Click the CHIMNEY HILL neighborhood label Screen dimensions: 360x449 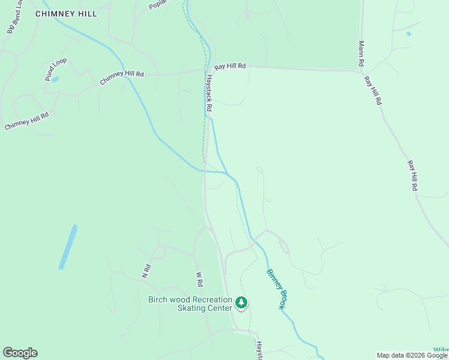coord(66,13)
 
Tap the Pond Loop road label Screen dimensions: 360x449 coord(55,69)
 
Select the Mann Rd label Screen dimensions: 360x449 coord(361,53)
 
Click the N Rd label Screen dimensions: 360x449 coord(146,272)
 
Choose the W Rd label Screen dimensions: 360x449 coord(199,279)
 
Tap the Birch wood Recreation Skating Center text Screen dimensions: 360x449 coord(190,304)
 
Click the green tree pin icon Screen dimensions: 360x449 coord(241,302)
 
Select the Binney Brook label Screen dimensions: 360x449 coord(275,289)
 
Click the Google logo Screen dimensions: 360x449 coord(20,353)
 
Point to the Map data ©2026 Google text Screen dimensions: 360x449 coord(412,355)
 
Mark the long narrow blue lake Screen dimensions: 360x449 coord(68,247)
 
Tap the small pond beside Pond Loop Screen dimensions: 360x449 coord(55,79)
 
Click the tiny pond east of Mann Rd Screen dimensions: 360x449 coord(409,34)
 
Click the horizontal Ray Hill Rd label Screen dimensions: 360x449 coord(231,66)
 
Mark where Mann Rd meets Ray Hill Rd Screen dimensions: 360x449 coord(361,71)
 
